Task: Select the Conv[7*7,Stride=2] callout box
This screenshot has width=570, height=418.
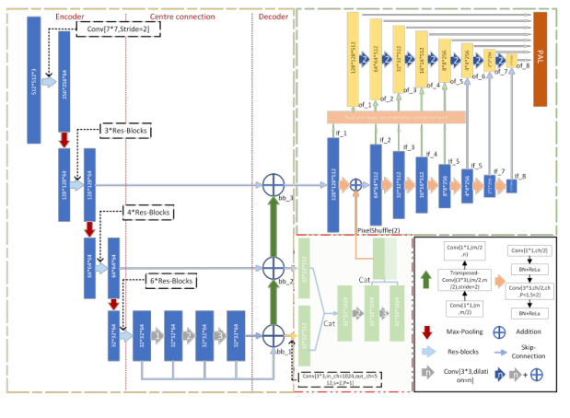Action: [124, 30]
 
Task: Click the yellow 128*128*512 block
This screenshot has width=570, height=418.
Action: [353, 61]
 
